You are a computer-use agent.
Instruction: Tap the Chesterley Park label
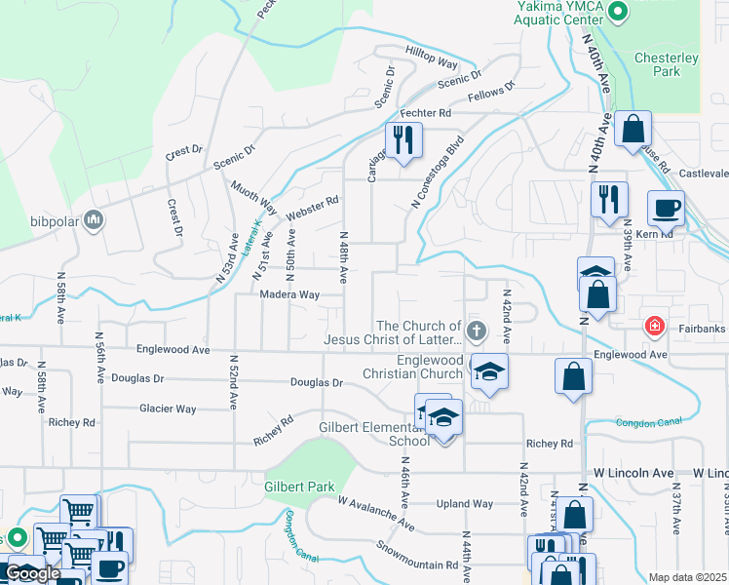point(667,64)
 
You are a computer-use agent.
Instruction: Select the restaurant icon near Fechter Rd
point(402,140)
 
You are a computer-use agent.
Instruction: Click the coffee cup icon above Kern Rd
point(667,208)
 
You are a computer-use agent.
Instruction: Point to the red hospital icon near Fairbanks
point(653,326)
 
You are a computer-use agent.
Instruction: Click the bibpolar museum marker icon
point(95,218)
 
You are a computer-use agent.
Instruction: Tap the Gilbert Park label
point(299,487)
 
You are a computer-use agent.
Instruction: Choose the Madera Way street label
point(289,294)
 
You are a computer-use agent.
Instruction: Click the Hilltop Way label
point(431,62)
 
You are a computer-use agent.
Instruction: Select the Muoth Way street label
point(253,197)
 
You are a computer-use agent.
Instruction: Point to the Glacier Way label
point(168,409)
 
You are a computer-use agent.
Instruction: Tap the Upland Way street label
point(464,504)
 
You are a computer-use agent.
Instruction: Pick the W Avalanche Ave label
point(376,514)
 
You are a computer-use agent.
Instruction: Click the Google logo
point(32,573)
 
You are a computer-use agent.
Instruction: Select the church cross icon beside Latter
point(477,330)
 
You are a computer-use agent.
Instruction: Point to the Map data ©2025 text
point(687,577)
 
